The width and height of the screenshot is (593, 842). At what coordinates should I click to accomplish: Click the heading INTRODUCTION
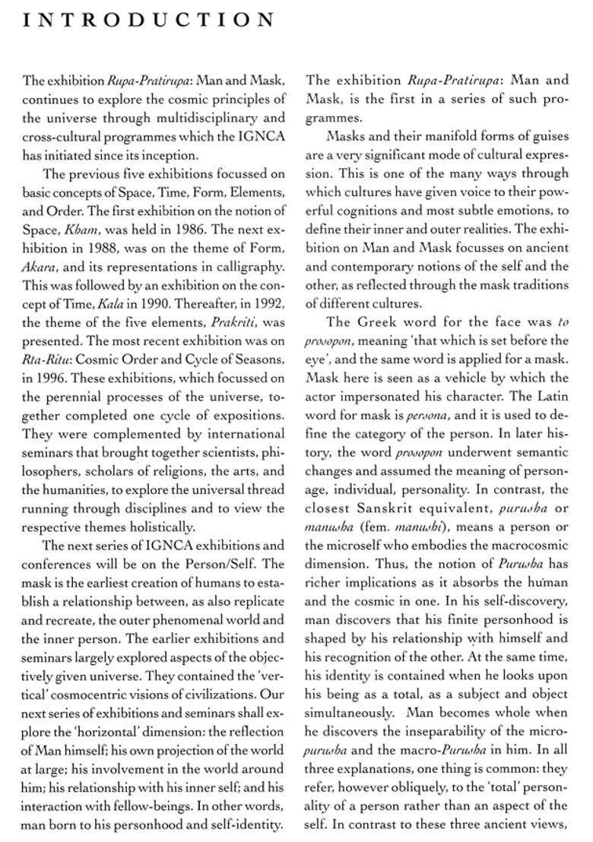click(x=149, y=20)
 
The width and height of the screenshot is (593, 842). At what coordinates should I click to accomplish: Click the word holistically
click(x=157, y=526)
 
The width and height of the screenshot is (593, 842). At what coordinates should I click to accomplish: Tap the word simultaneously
click(x=350, y=712)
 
